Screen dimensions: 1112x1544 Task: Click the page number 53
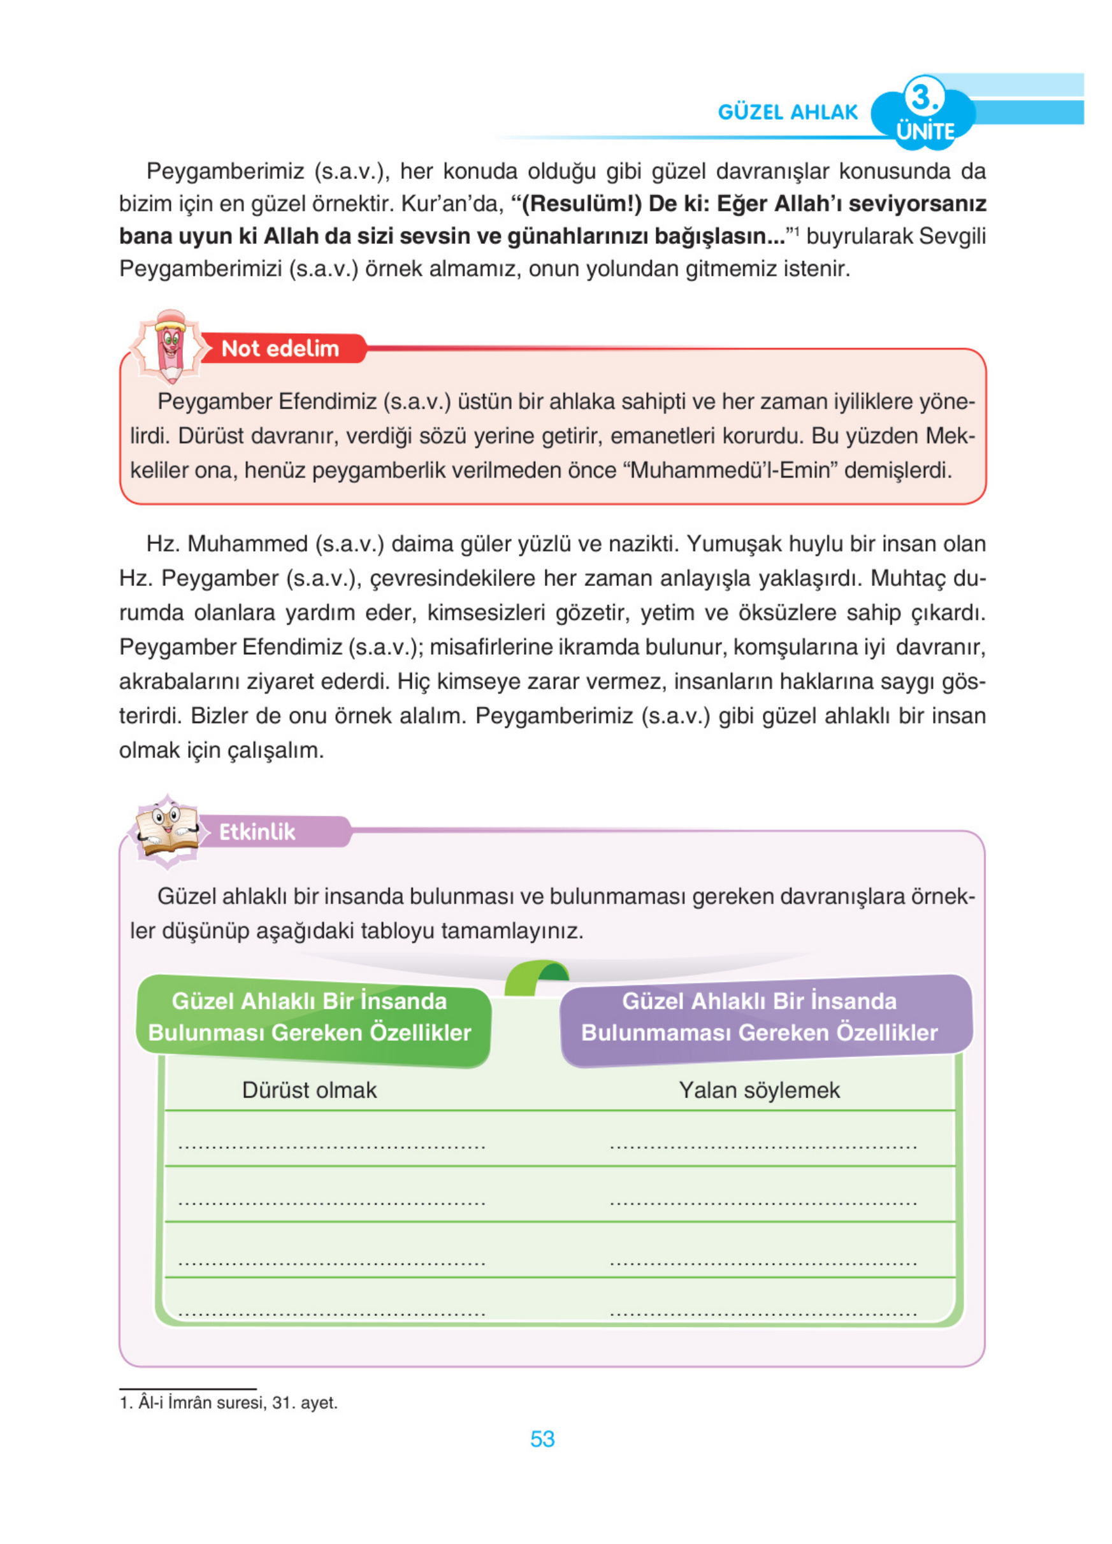[x=542, y=1438]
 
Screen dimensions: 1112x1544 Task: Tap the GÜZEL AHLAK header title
[x=788, y=111]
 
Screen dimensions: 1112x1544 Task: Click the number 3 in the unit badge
[x=923, y=97]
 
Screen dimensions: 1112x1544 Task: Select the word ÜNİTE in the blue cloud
[x=925, y=131]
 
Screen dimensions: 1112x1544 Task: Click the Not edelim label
[x=280, y=348]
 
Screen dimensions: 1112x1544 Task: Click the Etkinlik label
[x=257, y=831]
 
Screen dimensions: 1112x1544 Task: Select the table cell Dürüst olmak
[x=309, y=1090]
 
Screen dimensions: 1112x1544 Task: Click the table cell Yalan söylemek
[x=759, y=1090]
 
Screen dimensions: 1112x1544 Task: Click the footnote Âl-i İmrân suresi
[x=229, y=1403]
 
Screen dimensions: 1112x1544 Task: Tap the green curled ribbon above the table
[x=536, y=976]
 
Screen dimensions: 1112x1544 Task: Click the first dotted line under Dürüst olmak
[x=331, y=1145]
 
